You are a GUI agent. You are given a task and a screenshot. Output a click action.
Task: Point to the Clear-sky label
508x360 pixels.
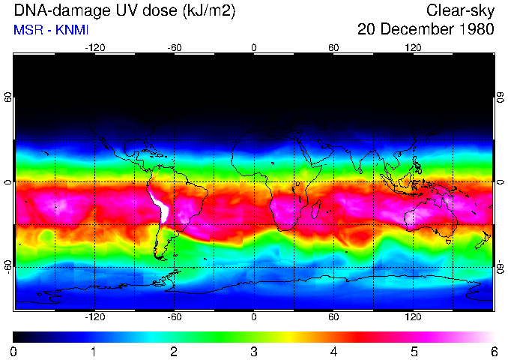click(460, 10)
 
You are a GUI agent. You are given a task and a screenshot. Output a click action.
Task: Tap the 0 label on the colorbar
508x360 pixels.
click(13, 351)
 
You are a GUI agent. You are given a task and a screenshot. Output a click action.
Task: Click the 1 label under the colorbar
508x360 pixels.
click(93, 351)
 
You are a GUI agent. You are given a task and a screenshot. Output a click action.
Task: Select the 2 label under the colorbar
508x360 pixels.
click(173, 351)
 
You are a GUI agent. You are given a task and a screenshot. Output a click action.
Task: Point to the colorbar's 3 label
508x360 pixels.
click(253, 351)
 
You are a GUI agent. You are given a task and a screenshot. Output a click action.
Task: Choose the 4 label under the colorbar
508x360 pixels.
click(333, 351)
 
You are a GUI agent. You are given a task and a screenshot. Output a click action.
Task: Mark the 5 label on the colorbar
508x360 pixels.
click(414, 351)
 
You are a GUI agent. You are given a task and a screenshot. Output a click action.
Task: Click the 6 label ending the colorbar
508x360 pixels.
click(493, 351)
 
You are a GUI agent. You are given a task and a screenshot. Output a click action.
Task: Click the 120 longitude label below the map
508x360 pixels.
click(414, 317)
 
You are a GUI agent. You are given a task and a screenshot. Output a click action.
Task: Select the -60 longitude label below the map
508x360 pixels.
click(174, 317)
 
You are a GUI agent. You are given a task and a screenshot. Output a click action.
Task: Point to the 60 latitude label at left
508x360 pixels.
click(7, 97)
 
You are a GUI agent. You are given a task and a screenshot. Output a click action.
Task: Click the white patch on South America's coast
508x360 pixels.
click(161, 206)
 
